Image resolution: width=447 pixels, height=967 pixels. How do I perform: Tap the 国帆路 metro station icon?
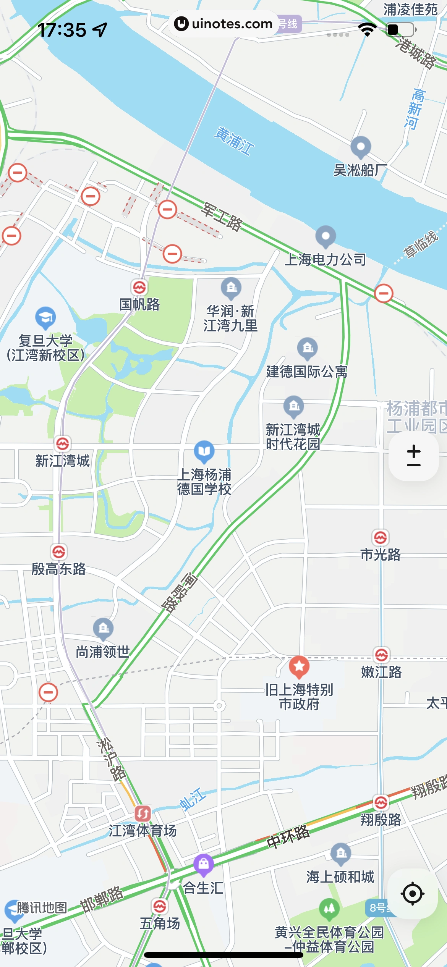click(139, 287)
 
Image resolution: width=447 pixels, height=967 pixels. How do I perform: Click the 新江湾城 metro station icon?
click(63, 444)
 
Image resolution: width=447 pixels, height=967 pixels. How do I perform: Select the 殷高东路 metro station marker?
click(59, 552)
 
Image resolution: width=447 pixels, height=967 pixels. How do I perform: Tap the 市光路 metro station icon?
click(381, 538)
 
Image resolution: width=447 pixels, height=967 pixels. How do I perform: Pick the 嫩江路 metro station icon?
click(381, 655)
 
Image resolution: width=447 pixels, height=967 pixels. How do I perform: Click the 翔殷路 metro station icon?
click(381, 802)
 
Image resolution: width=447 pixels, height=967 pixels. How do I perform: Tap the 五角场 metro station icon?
click(160, 906)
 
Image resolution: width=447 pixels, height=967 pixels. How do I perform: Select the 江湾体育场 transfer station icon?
click(143, 814)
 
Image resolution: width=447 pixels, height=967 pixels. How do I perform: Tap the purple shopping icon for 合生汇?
click(204, 864)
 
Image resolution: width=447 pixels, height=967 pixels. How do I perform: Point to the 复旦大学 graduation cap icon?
click(45, 317)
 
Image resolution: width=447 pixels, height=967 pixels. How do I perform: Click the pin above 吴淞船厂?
click(361, 147)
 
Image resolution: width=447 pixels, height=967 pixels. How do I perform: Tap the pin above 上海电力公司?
click(326, 236)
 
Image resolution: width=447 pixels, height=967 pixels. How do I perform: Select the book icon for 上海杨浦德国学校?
click(204, 451)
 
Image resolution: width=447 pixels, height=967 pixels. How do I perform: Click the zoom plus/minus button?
click(413, 456)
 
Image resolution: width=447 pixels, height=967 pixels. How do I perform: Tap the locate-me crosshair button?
click(413, 894)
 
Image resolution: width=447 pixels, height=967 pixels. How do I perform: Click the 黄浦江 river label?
click(234, 141)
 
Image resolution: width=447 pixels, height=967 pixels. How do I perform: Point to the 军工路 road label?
click(222, 217)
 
